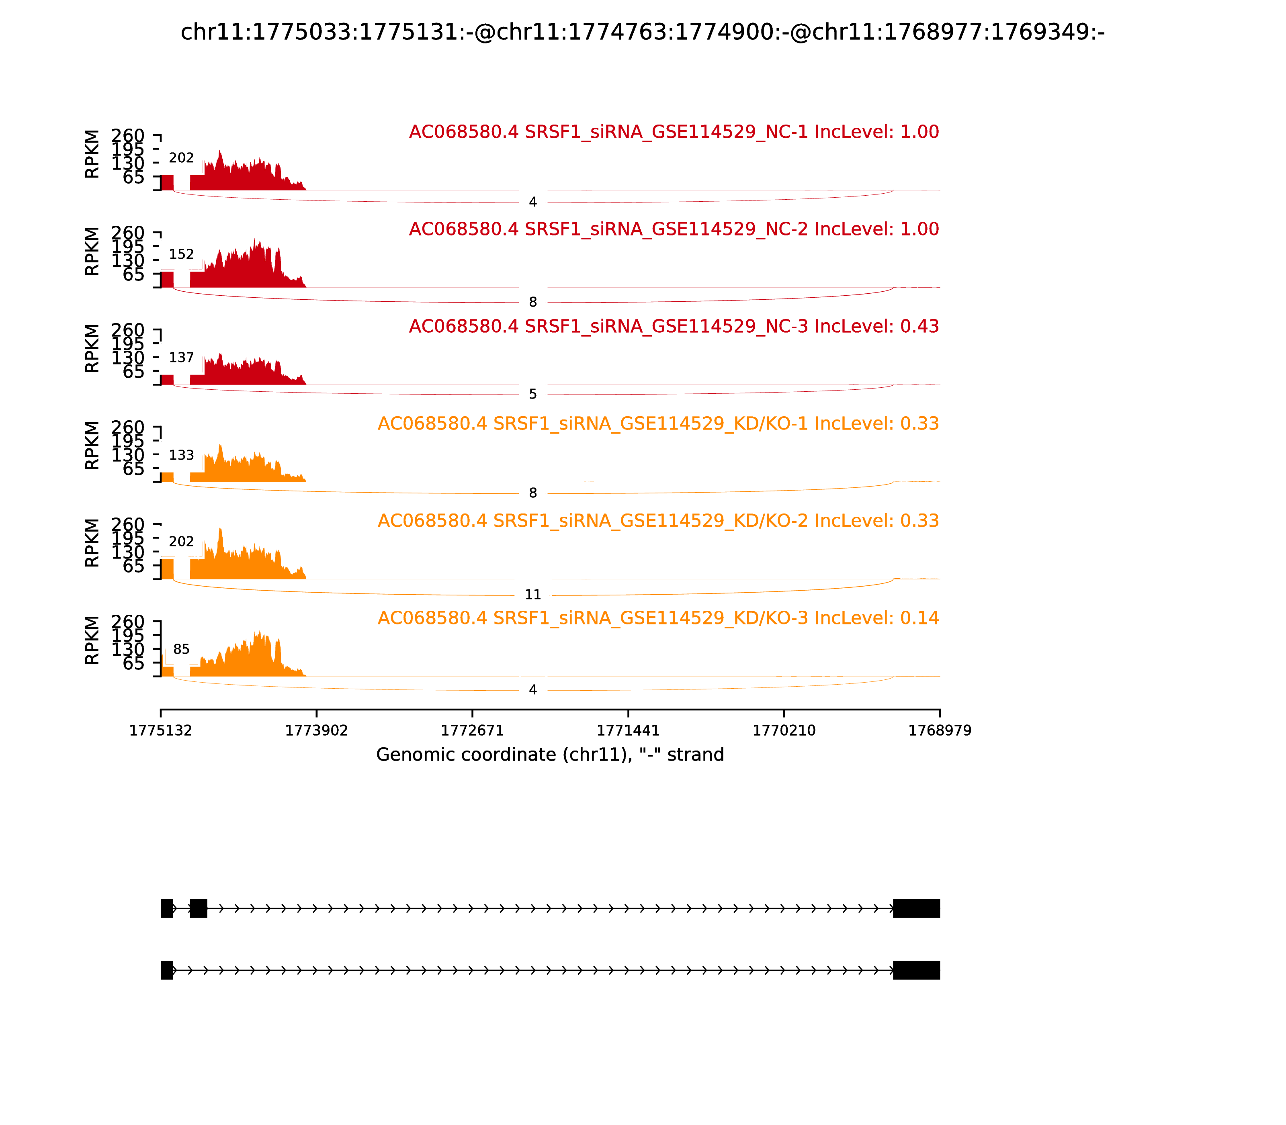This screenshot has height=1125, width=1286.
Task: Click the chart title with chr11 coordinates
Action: tap(642, 32)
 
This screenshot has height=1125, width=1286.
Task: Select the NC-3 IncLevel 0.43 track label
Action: tap(674, 326)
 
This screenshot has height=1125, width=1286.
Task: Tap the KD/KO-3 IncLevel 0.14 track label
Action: tap(658, 618)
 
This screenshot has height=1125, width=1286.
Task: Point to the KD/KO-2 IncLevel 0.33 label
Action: tap(658, 521)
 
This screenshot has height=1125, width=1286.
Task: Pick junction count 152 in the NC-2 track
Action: tap(182, 254)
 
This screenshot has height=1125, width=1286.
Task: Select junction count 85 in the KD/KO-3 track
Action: tap(182, 649)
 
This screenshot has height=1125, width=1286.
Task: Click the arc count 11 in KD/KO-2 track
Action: tap(532, 595)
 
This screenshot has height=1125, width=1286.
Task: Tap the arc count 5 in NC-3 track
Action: tap(532, 394)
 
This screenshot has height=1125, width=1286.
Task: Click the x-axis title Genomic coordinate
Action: tap(550, 755)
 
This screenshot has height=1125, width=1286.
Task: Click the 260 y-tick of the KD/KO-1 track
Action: tap(128, 427)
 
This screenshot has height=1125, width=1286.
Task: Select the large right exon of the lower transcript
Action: tap(916, 970)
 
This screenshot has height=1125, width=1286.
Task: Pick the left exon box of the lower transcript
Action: tap(166, 970)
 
